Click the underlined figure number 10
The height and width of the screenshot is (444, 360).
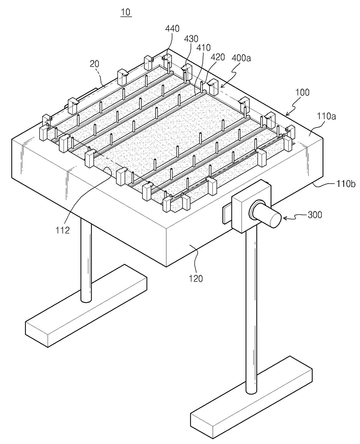pyautogui.click(x=126, y=12)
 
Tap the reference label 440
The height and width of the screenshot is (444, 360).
pyautogui.click(x=172, y=28)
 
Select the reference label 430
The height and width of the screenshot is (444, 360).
pyautogui.click(x=191, y=38)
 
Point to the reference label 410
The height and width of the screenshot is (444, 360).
pyautogui.click(x=204, y=47)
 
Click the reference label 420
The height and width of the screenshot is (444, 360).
pyautogui.click(x=218, y=57)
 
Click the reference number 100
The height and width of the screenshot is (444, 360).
pyautogui.click(x=303, y=92)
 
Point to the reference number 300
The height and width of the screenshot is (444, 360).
pyautogui.click(x=315, y=215)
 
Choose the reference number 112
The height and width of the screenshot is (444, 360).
pyautogui.click(x=63, y=230)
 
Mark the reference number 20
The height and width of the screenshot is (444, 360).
pyautogui.click(x=94, y=64)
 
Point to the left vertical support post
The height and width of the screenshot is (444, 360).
pyautogui.click(x=86, y=262)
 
